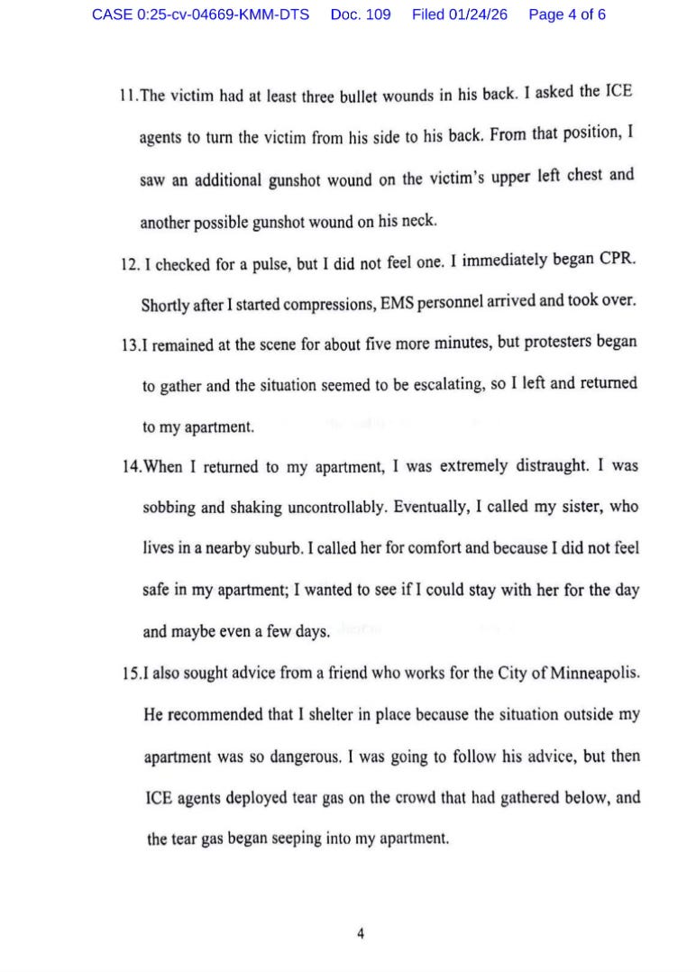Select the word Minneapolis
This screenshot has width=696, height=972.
(x=596, y=674)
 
